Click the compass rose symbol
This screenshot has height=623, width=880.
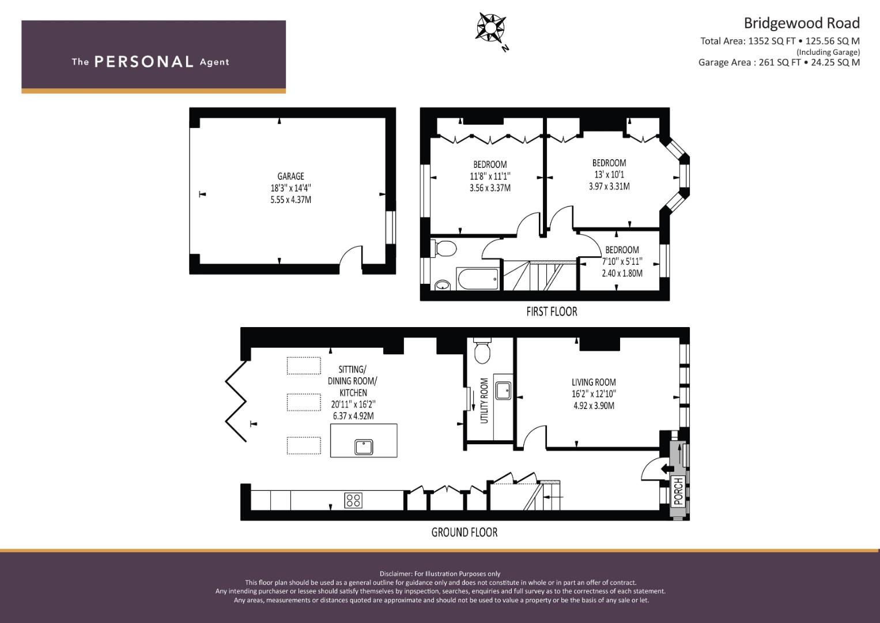(491, 28)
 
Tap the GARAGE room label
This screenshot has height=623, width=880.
(290, 176)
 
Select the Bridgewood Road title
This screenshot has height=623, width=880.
(802, 23)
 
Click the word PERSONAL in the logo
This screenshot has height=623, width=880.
(144, 62)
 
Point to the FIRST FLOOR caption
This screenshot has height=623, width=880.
(552, 311)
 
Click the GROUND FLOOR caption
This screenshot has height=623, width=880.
(464, 532)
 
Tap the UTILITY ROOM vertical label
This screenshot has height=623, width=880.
(484, 401)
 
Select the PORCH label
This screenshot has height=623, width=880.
(678, 491)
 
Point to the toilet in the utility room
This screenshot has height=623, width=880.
(482, 351)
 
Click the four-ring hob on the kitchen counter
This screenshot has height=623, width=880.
(353, 500)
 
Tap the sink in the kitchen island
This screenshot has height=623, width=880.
(364, 447)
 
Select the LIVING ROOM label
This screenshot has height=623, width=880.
(594, 382)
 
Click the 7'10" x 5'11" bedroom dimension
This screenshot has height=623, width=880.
(622, 261)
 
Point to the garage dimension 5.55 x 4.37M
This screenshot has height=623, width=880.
(290, 200)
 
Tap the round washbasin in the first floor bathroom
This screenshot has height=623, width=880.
(443, 284)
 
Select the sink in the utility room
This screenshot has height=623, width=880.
(503, 391)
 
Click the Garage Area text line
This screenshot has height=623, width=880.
(779, 62)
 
